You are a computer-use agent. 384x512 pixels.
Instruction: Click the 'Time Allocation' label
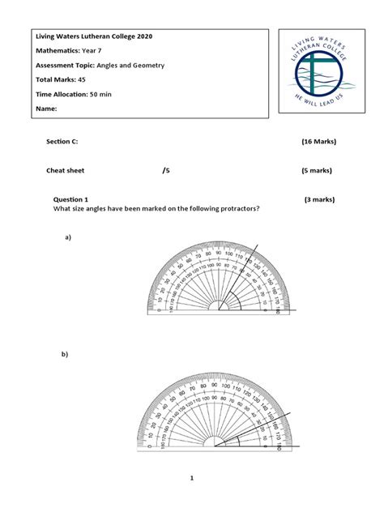coord(62,94)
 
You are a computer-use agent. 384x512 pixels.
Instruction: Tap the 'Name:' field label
coord(46,108)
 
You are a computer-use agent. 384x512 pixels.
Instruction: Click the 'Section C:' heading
coord(62,142)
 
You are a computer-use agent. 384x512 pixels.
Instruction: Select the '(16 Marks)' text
coord(318,142)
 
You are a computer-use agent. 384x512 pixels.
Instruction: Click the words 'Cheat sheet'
coord(65,171)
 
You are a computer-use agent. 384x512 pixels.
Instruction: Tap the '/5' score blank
coord(166,171)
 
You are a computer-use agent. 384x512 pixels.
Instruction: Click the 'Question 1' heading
coord(70,199)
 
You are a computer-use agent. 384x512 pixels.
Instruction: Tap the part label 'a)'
coord(69,237)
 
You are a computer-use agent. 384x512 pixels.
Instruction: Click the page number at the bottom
coord(192,479)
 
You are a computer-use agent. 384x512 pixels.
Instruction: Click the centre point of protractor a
coord(219,309)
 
